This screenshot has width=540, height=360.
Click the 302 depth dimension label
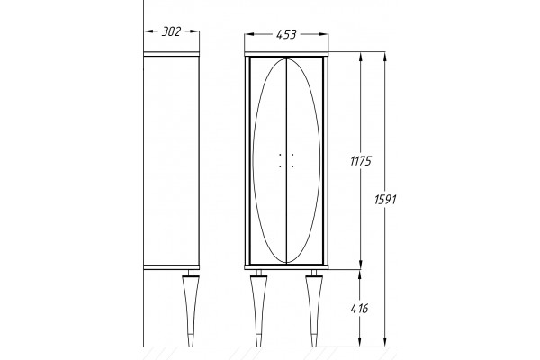171,31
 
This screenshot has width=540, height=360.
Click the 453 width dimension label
286,34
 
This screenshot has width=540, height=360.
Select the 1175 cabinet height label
361,161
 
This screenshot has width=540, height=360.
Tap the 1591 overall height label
385,199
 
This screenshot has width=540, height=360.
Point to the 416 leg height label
359,309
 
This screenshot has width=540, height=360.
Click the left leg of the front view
258,309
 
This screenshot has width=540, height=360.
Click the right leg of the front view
314,309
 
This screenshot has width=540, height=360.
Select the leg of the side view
191,309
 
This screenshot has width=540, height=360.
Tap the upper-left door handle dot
280,155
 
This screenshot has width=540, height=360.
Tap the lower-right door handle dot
292,166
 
